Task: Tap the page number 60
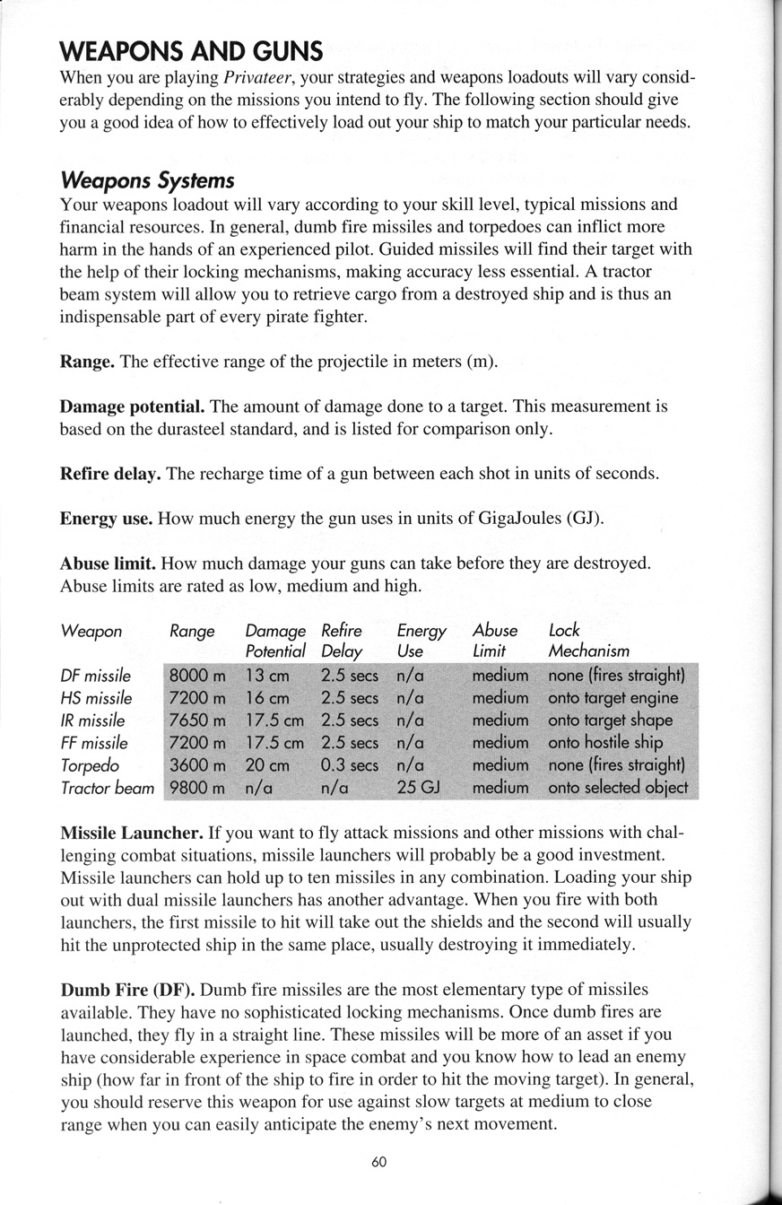coord(378,1161)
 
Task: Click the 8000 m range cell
coord(197,676)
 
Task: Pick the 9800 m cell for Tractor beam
coord(197,788)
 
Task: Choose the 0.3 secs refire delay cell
coord(349,765)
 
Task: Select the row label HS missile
coord(96,698)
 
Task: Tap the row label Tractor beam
coord(107,788)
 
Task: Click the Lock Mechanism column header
coord(588,640)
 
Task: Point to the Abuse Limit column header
coord(495,640)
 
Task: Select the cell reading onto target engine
coord(613,698)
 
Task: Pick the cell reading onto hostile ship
coord(605,743)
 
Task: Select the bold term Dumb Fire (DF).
coord(126,990)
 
